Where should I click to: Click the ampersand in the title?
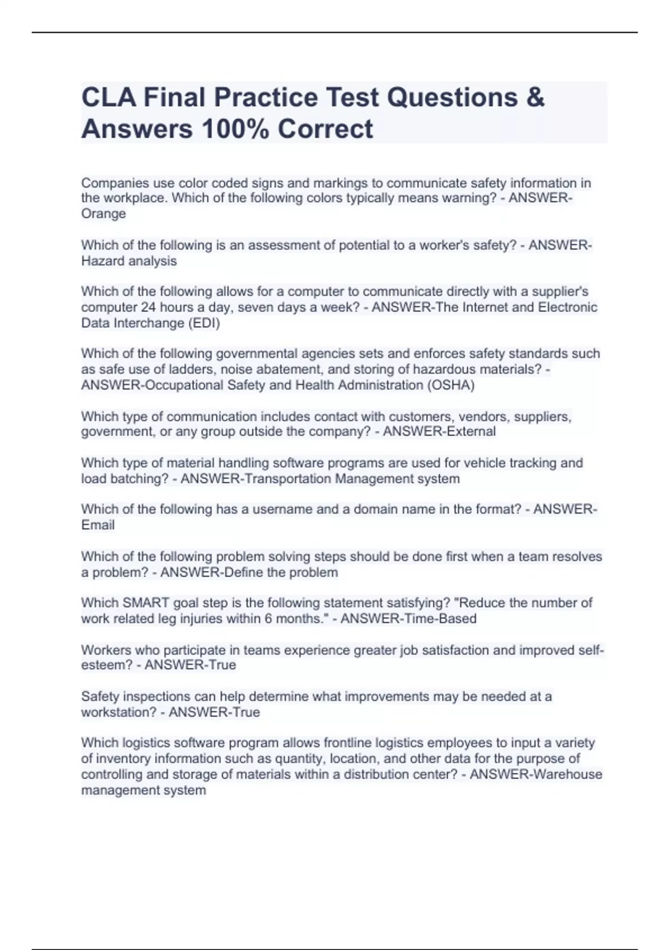pos(534,97)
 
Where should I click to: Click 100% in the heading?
pos(235,129)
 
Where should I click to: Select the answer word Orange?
pos(103,213)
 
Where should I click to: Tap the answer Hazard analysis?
pos(129,261)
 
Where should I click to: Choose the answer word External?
pos(468,431)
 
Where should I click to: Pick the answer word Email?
pos(98,525)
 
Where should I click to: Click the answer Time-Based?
pos(437,619)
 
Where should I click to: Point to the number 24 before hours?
pos(148,307)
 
